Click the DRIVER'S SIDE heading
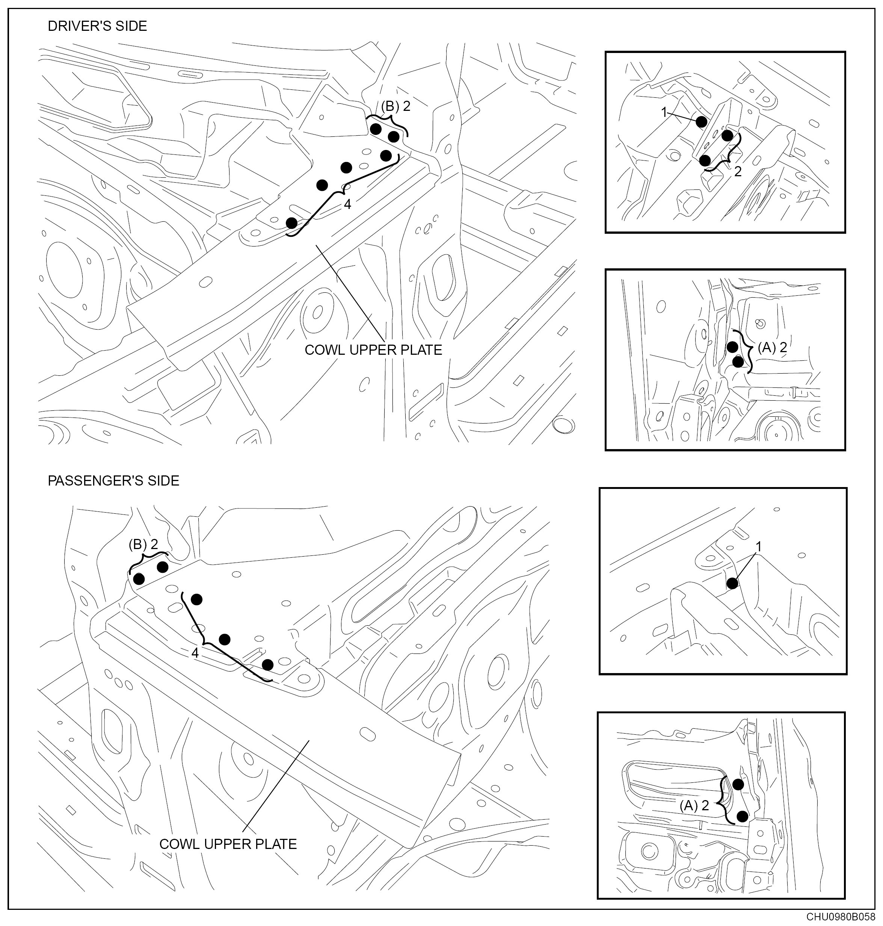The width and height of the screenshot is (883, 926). click(97, 26)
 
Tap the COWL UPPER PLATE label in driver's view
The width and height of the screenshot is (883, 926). click(373, 350)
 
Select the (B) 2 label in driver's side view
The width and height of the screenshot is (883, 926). click(395, 106)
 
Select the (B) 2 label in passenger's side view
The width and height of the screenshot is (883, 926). click(143, 545)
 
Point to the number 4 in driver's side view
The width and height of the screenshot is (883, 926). click(347, 204)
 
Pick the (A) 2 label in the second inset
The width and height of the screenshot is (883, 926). click(772, 348)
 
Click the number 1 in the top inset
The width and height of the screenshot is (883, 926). click(664, 112)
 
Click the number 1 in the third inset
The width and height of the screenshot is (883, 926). click(758, 546)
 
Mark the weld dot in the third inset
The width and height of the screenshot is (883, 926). click(732, 584)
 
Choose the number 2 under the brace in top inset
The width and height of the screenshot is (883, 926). click(738, 172)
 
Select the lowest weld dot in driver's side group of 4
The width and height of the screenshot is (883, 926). click(291, 222)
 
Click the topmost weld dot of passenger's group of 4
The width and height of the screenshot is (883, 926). click(196, 599)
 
